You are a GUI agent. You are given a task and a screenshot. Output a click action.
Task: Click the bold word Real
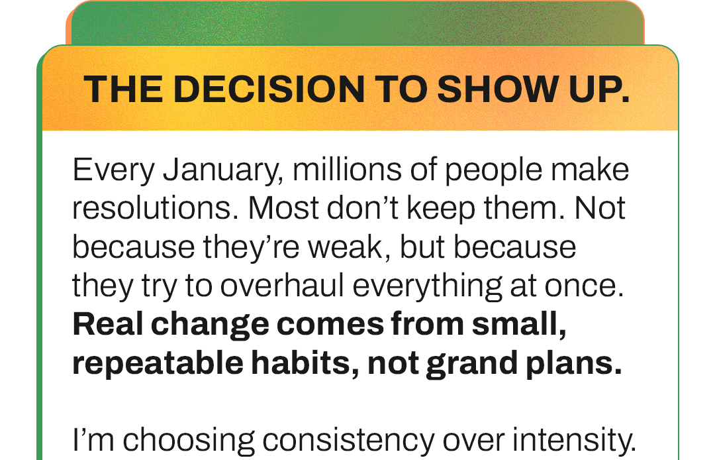pyautogui.click(x=105, y=324)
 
